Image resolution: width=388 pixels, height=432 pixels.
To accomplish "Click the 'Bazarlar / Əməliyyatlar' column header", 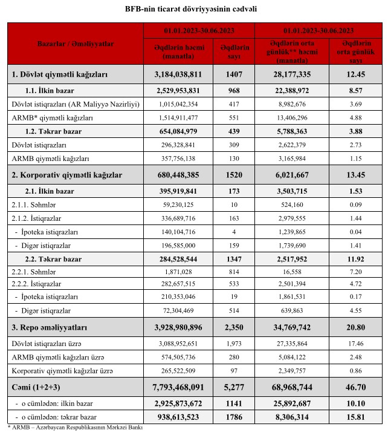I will point(75,44).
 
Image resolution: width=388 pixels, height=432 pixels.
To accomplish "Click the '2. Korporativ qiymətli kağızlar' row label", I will point(67,175).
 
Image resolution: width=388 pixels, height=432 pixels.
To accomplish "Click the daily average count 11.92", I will point(356,259).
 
